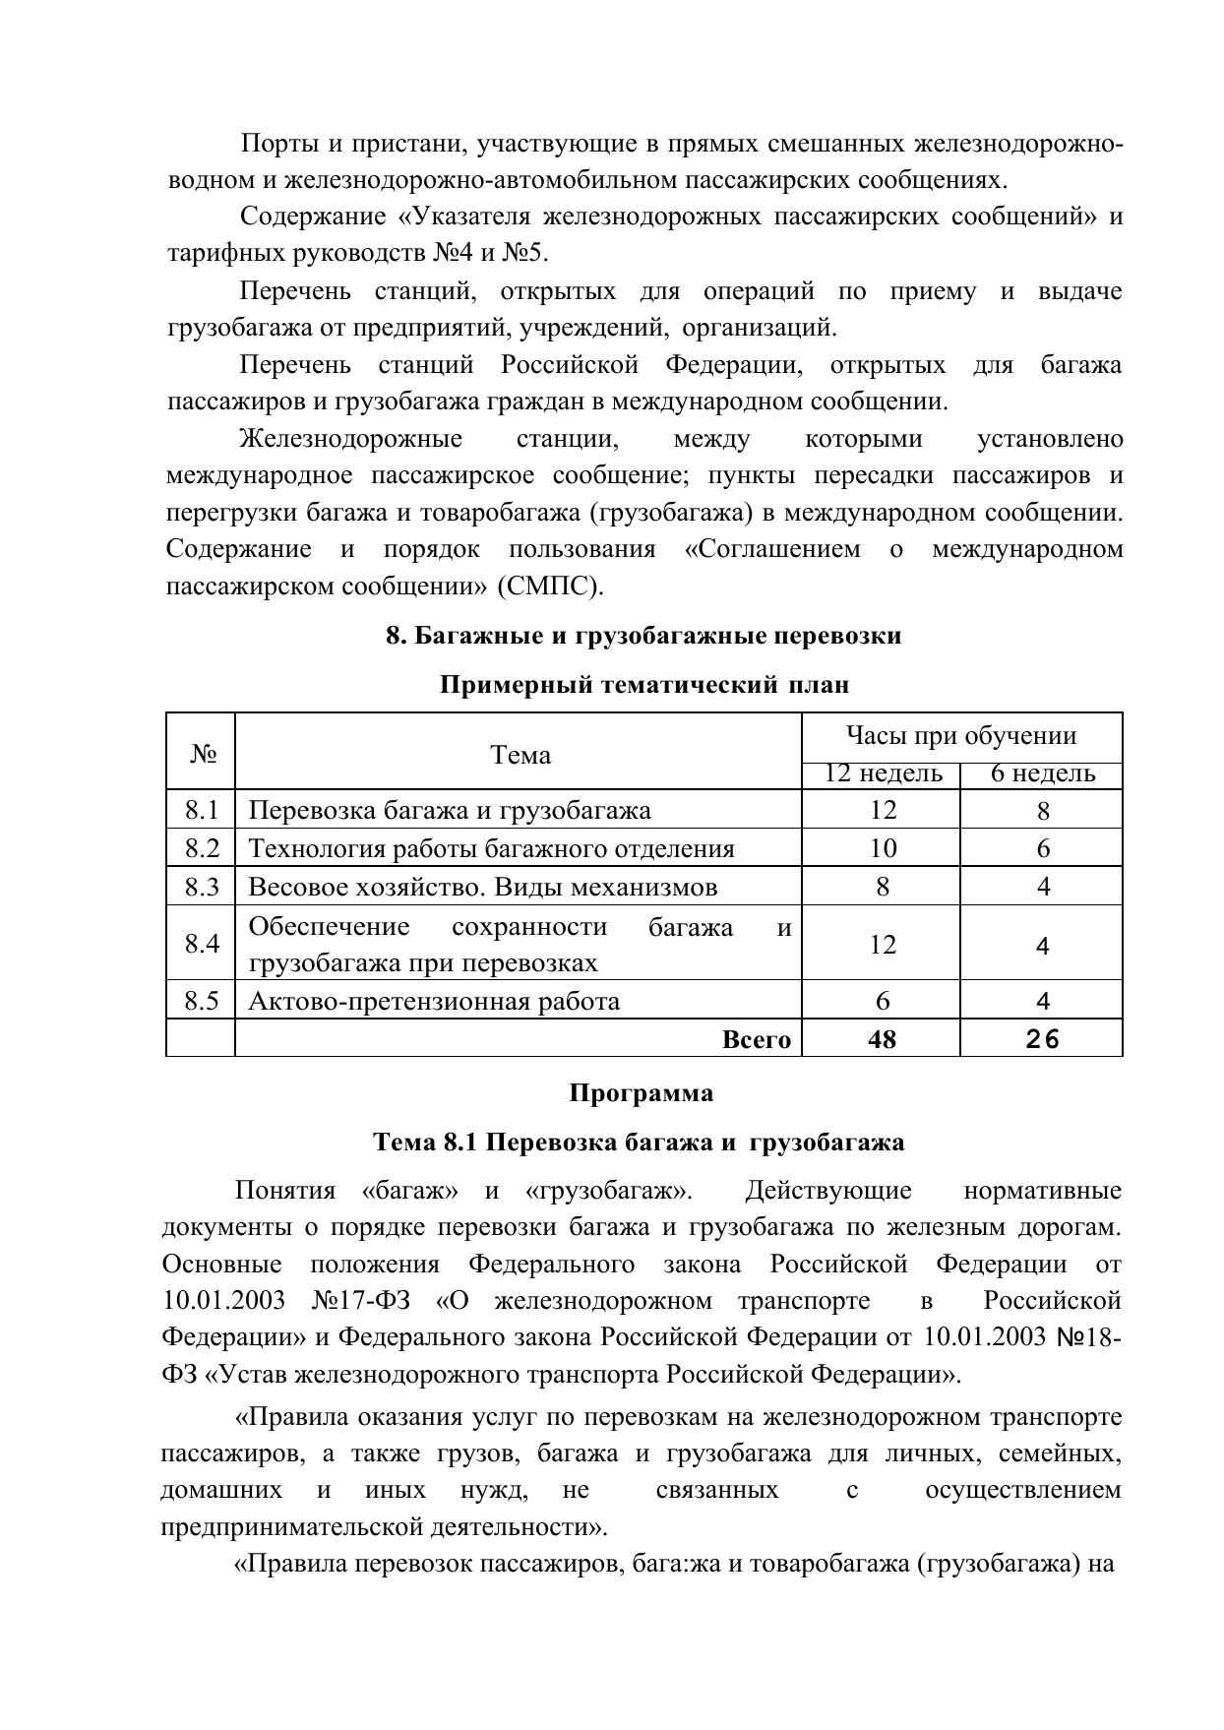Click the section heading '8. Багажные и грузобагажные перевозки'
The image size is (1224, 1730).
(643, 636)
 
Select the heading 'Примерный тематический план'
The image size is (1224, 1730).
(643, 684)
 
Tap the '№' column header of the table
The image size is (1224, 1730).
(203, 755)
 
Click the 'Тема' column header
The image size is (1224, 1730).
(520, 755)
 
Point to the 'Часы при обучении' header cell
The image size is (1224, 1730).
(961, 735)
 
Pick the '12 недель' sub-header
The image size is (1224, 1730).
(883, 773)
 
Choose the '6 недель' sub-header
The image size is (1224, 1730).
(1042, 773)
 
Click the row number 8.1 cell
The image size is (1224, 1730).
(202, 810)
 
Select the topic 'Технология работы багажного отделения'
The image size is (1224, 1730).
(491, 848)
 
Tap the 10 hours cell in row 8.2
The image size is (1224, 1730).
(883, 848)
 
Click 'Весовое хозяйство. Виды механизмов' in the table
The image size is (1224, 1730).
(482, 887)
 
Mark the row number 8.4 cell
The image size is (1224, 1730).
(202, 944)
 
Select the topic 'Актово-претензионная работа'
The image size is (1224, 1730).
(434, 1001)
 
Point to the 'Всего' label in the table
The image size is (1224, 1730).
(757, 1039)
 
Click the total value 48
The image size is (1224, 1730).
(883, 1039)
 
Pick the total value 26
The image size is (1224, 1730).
(1042, 1039)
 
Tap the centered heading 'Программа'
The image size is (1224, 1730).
(641, 1093)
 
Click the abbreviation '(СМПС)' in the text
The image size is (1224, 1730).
(550, 587)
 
